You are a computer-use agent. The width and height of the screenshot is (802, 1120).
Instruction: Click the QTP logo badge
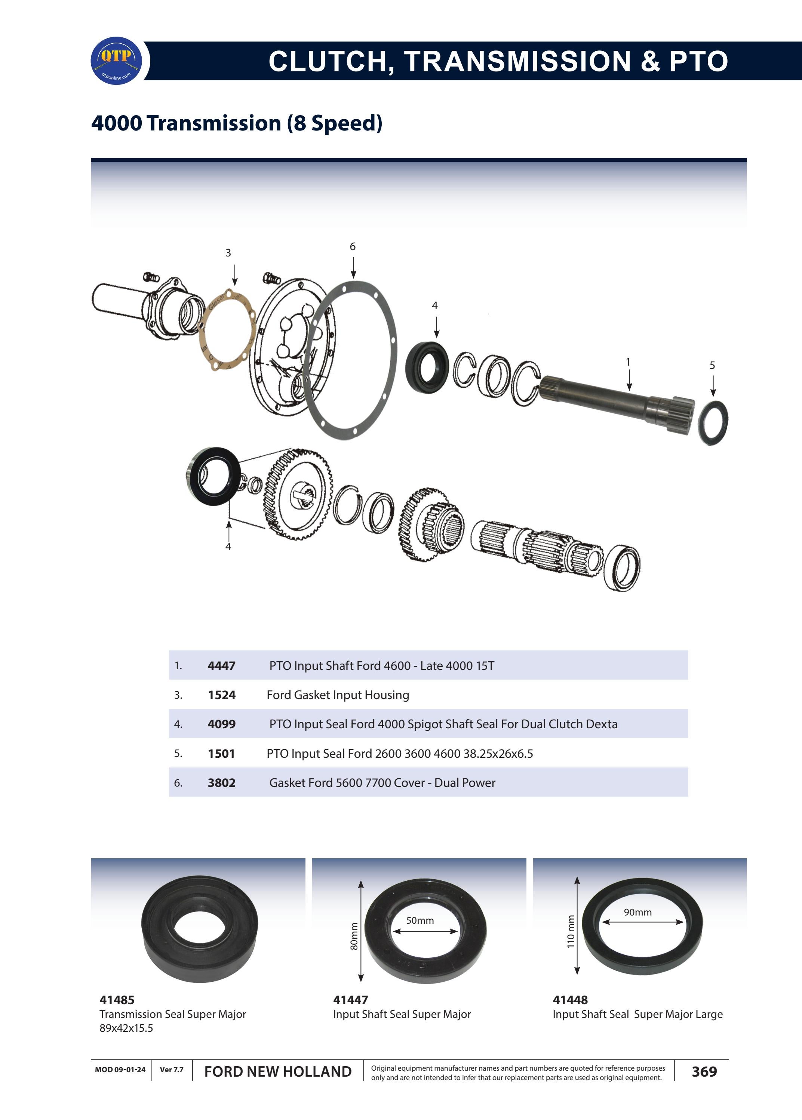point(117,61)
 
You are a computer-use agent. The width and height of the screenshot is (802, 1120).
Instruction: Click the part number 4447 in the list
point(221,666)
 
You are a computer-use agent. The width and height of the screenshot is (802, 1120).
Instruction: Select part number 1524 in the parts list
point(221,695)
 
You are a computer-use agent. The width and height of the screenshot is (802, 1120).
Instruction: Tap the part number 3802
point(221,783)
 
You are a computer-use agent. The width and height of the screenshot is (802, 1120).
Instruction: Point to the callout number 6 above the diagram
point(353,246)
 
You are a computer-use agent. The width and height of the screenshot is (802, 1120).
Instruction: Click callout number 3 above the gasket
point(228,253)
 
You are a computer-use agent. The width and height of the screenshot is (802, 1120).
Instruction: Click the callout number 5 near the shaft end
point(712,366)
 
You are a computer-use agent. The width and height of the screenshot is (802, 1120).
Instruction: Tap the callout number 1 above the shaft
point(628,362)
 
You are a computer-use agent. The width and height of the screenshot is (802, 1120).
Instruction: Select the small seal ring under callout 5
point(713,423)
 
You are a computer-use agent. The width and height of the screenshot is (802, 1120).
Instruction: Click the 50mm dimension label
point(420,920)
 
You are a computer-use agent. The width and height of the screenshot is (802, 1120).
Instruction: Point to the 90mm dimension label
point(637,912)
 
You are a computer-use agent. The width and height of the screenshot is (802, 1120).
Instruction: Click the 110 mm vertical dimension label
point(571,931)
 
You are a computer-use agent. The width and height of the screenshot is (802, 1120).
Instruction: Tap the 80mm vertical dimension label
point(354,936)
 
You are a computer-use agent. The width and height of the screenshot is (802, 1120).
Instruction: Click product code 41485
point(117,1000)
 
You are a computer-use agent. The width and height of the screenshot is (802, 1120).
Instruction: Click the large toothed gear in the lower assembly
point(298,494)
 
